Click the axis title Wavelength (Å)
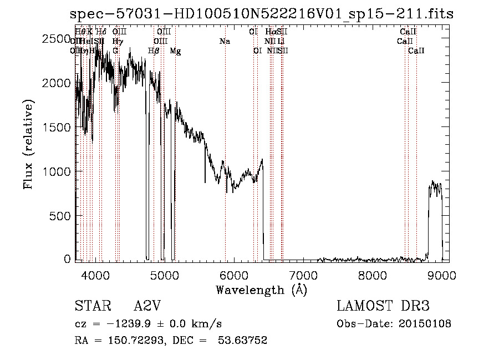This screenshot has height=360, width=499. point(261,289)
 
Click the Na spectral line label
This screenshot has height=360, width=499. point(224,42)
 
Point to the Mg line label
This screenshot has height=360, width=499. point(175,51)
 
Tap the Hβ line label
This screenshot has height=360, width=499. point(154,51)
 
